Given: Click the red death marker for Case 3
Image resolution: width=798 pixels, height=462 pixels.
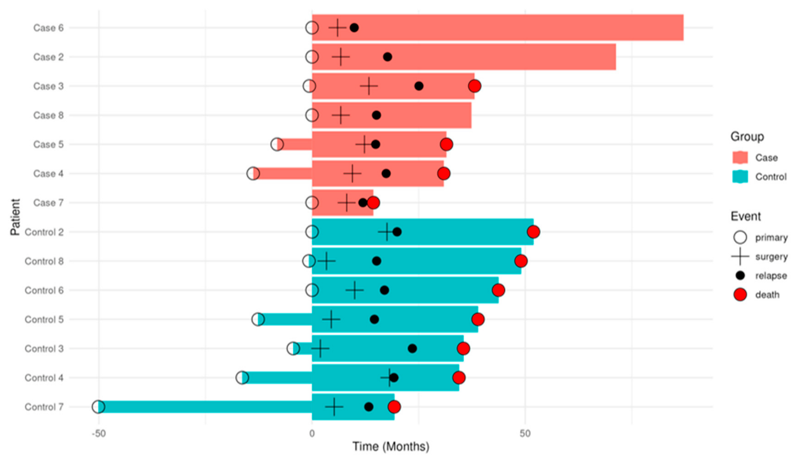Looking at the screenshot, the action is [474, 86].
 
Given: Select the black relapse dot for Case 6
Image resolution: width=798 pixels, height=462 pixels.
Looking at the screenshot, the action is [354, 27].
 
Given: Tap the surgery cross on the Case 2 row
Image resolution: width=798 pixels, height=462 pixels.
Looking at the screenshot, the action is [341, 57].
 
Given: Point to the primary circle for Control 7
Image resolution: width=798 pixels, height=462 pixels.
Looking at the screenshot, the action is [98, 407].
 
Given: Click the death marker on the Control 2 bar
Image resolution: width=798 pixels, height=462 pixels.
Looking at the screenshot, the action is [533, 232].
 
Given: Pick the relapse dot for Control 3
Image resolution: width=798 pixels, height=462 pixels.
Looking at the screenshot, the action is [412, 348].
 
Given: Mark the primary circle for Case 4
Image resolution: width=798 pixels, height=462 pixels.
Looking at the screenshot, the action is [253, 174].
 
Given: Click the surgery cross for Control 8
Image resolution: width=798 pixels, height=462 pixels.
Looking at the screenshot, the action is [326, 261].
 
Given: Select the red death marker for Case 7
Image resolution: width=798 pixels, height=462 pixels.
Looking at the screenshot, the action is [373, 203].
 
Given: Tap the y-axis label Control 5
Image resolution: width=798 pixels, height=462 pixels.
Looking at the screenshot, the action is [44, 319].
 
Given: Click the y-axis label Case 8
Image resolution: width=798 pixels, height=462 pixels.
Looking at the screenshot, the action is [48, 115].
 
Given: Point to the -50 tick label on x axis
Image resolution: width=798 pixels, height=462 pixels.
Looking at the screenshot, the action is [98, 434].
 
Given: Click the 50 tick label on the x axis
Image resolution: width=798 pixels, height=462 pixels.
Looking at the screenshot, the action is [525, 434].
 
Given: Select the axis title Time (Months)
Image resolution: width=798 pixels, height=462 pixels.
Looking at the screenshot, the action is [391, 446].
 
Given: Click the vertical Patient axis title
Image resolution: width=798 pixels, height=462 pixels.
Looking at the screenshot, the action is [15, 217].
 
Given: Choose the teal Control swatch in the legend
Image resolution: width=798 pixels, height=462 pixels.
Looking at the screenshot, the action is [740, 177].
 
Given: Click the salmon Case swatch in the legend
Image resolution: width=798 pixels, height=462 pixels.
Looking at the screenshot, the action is [740, 158].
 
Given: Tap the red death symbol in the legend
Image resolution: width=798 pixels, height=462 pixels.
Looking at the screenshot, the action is [740, 295].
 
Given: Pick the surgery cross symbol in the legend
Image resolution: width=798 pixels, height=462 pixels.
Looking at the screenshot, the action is [740, 257].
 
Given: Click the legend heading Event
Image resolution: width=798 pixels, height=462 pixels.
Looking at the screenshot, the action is [745, 216].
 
